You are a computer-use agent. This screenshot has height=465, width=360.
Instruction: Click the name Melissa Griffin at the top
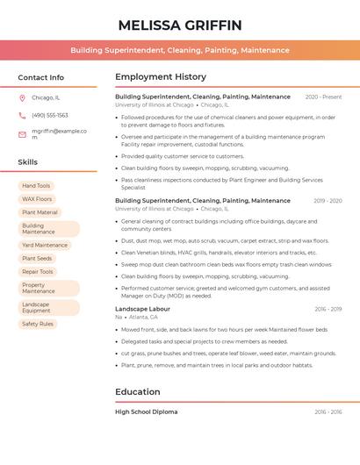point(180,25)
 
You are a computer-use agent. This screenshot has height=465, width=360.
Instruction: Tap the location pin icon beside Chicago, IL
point(22,98)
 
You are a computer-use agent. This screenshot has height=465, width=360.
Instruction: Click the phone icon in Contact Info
point(22,115)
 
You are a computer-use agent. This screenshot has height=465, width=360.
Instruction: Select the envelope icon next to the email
point(22,134)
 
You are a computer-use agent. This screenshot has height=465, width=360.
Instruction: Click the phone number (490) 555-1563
point(50,115)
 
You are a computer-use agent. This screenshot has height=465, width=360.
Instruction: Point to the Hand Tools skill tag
point(36,186)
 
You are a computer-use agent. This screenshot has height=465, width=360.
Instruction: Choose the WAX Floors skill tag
point(37,199)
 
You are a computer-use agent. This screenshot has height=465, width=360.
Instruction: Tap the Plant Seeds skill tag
point(37,259)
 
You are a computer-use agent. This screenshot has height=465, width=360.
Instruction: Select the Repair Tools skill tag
point(38,272)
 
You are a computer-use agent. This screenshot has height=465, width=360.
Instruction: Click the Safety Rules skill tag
point(38,324)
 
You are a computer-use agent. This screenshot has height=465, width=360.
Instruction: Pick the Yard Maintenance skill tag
point(45,246)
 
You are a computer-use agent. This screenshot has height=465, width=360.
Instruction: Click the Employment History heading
point(161,77)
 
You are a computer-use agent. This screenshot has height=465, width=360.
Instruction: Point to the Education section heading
point(138,392)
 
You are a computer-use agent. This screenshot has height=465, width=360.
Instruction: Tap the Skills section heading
point(28,162)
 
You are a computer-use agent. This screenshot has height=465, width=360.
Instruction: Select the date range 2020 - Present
point(323,97)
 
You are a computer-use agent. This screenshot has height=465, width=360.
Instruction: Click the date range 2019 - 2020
point(328,201)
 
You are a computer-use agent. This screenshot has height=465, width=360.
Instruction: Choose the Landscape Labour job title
point(142,309)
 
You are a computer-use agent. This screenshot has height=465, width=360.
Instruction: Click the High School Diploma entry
point(146,411)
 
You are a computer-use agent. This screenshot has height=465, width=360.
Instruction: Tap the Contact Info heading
point(41,77)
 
